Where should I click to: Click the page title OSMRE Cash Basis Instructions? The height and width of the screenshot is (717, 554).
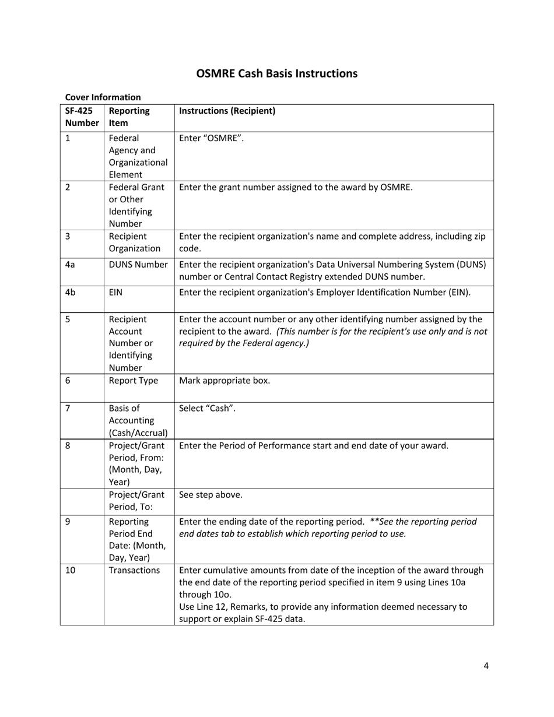click(x=276, y=73)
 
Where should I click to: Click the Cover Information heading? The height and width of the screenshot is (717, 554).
click(x=103, y=97)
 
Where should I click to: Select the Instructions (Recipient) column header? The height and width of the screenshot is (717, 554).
click(x=227, y=111)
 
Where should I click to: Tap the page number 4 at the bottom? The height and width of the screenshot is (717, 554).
click(x=486, y=666)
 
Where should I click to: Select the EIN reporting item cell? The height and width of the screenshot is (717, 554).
click(x=115, y=292)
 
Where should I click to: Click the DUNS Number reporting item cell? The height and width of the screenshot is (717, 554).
click(x=138, y=265)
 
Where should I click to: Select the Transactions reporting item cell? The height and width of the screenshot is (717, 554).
click(x=134, y=570)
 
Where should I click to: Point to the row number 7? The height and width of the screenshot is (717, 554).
click(x=68, y=408)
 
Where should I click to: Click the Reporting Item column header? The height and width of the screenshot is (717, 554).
click(x=129, y=117)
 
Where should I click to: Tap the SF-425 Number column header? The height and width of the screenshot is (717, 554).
click(x=82, y=117)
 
